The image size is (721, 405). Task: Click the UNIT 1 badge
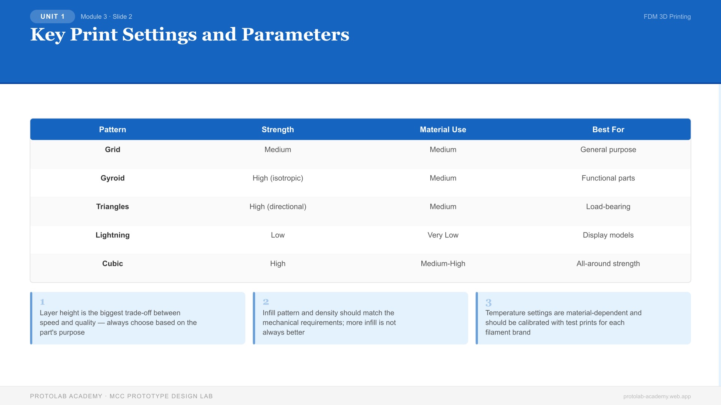pyautogui.click(x=53, y=16)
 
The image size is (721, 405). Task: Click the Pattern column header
pyautogui.click(x=112, y=129)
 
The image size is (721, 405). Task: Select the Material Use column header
pyautogui.click(x=443, y=129)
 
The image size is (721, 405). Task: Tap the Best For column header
pyautogui.click(x=608, y=129)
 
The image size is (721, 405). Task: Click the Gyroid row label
pyautogui.click(x=112, y=178)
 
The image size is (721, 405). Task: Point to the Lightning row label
pyautogui.click(x=112, y=235)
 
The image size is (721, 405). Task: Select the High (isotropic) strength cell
pyautogui.click(x=278, y=178)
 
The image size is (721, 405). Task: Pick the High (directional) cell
pyautogui.click(x=278, y=207)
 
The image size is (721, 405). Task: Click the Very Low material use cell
pyautogui.click(x=443, y=235)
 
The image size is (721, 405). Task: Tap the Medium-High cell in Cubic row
pyautogui.click(x=443, y=264)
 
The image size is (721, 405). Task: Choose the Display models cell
pyautogui.click(x=608, y=235)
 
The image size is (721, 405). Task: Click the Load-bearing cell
pyautogui.click(x=608, y=207)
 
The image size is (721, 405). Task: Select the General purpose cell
pyautogui.click(x=608, y=150)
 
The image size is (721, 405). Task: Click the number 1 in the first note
pyautogui.click(x=42, y=302)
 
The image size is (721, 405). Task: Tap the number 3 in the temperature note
pyautogui.click(x=488, y=303)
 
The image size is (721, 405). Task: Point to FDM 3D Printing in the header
pyautogui.click(x=667, y=16)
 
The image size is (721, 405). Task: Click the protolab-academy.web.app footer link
pyautogui.click(x=657, y=396)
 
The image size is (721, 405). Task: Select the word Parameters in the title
pyautogui.click(x=295, y=34)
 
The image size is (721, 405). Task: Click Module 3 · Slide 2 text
pyautogui.click(x=106, y=16)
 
